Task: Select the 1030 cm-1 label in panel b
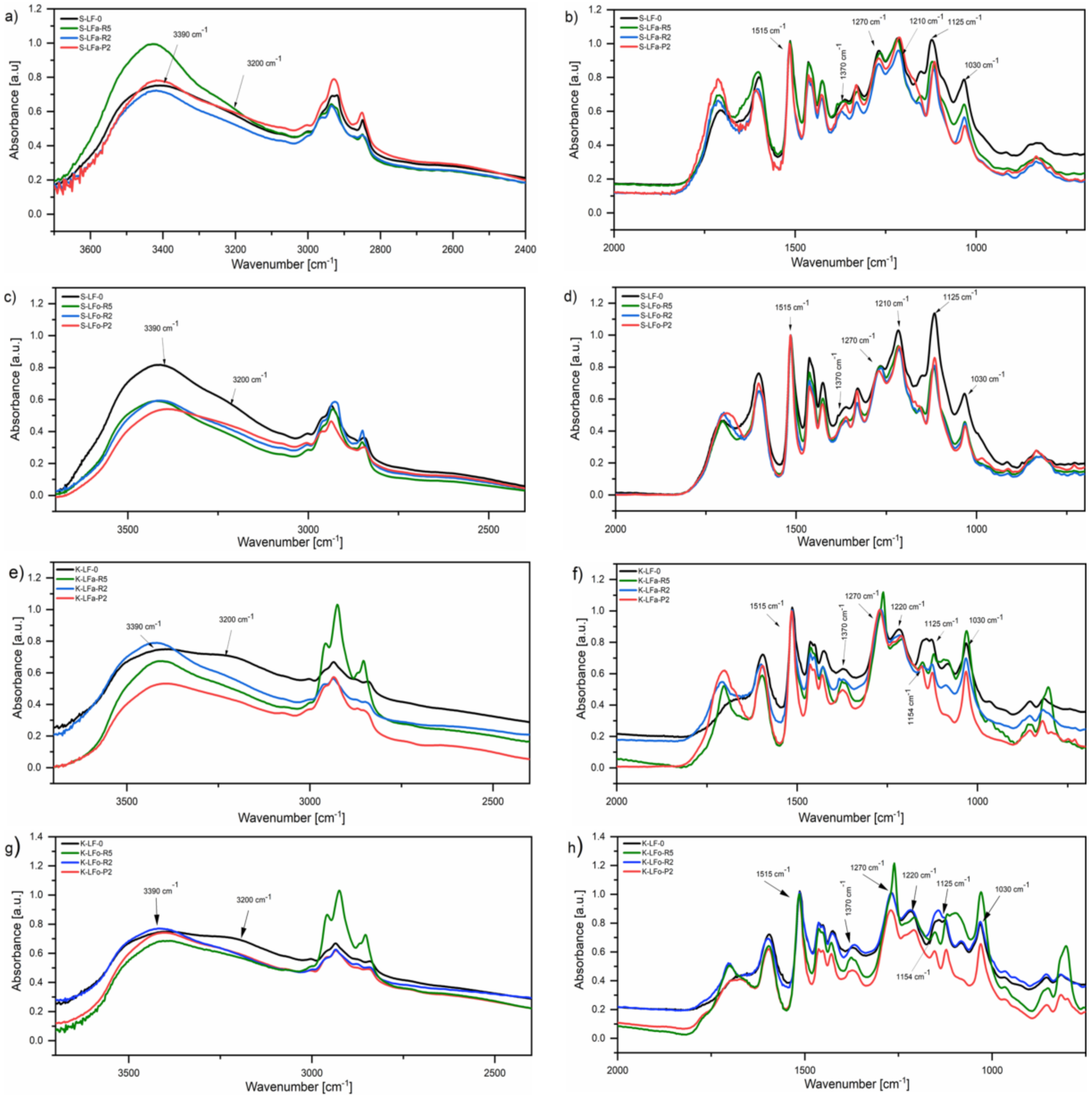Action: pyautogui.click(x=981, y=64)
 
